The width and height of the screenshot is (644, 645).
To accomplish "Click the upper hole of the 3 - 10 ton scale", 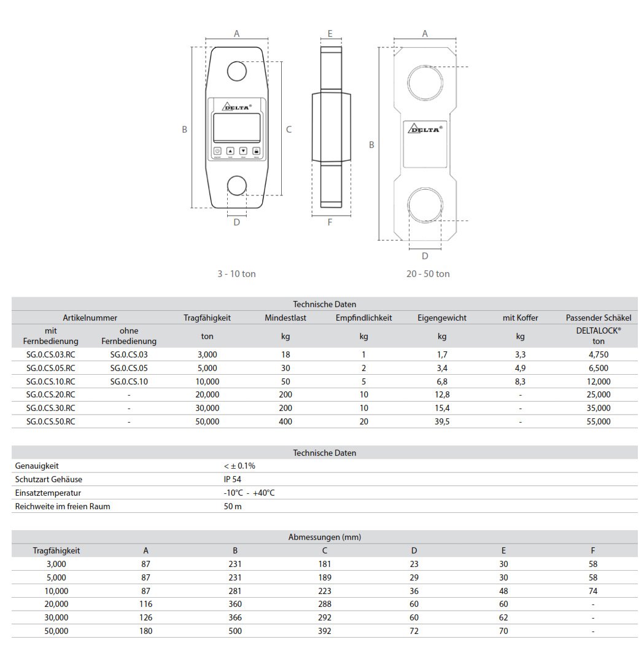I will [x=236, y=71].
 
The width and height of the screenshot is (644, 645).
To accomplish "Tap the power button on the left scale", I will [x=217, y=150].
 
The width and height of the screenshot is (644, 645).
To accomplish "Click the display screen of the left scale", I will [x=236, y=128].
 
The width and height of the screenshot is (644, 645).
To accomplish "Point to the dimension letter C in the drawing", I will [x=289, y=130].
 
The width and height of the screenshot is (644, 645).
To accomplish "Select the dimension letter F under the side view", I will [x=330, y=222].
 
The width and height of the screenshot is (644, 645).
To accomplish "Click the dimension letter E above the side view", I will [x=330, y=34].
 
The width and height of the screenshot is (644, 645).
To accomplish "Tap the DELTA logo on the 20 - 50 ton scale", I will [x=425, y=128].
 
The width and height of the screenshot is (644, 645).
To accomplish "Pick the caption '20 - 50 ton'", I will [x=427, y=274].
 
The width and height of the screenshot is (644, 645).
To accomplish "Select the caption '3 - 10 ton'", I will [x=236, y=274].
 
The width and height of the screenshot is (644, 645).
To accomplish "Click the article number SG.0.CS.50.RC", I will [x=51, y=421].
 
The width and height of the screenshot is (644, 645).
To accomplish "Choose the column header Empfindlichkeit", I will [x=363, y=318].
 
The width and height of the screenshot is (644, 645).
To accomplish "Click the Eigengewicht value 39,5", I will [x=441, y=421].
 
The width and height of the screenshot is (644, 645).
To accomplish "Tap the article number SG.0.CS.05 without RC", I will [x=129, y=368].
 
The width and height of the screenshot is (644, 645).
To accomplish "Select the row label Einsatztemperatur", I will [x=48, y=493].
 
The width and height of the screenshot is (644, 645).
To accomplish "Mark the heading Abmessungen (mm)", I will [x=324, y=537].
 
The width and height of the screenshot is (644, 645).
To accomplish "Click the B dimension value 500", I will [x=235, y=631].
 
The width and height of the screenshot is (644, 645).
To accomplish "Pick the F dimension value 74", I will [x=592, y=591].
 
